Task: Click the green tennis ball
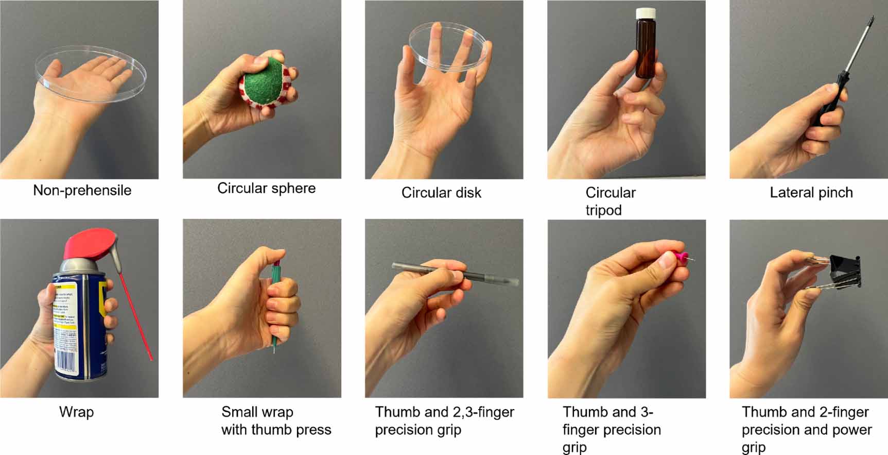coord(263,85)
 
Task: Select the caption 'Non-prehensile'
coord(82,191)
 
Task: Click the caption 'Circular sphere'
coord(266,189)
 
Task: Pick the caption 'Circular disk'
coord(441,193)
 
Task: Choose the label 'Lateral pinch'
coord(811,193)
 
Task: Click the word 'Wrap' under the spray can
coord(76,412)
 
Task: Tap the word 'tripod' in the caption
coord(603,210)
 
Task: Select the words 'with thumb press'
coord(276,430)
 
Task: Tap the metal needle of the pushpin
coord(691,259)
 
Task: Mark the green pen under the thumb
coord(276,309)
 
